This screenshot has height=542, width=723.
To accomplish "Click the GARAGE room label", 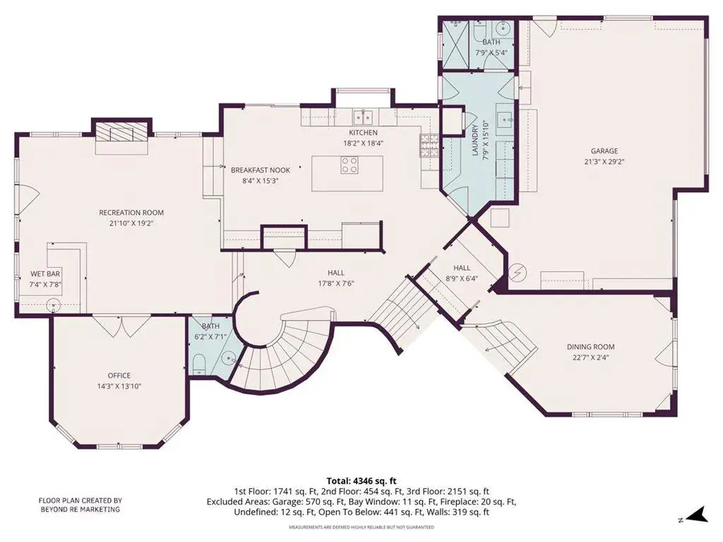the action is click(x=604, y=151).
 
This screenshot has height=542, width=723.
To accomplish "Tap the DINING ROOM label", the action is click(x=591, y=347).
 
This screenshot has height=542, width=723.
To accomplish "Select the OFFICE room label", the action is click(x=119, y=375).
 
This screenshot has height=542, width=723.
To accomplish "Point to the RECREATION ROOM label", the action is click(x=131, y=212).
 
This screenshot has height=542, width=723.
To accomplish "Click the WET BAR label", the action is click(x=45, y=275).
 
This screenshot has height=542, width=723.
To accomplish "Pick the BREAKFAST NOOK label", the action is click(x=261, y=170).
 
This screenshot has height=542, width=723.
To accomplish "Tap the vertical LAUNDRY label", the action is click(x=475, y=140).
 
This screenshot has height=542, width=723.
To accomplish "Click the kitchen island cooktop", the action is click(x=349, y=165).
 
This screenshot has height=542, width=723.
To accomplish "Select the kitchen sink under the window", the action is click(x=364, y=117).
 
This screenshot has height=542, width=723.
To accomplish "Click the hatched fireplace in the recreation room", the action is click(x=121, y=132).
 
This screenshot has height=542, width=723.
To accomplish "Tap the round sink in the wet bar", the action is click(x=54, y=305).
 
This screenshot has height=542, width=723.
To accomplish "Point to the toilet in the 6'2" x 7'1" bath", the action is click(x=198, y=363).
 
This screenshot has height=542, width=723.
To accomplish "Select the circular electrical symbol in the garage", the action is click(x=519, y=273).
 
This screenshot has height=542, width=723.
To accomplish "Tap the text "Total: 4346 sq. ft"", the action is click(x=361, y=481).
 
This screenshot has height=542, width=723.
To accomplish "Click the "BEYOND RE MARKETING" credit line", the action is click(x=80, y=510).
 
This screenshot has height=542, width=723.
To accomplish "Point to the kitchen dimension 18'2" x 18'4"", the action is click(x=364, y=143).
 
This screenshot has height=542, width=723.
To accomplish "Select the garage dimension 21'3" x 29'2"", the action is click(x=604, y=162).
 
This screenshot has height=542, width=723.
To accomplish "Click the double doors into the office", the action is click(x=121, y=326).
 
